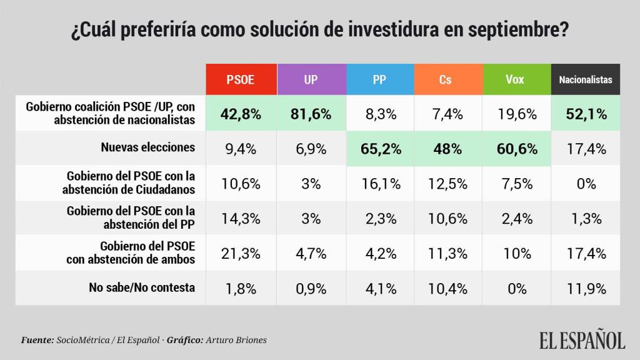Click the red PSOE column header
pyautogui.click(x=241, y=79)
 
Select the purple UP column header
pyautogui.click(x=310, y=79)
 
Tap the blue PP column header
pyautogui.click(x=379, y=79)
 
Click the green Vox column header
pyautogui.click(x=516, y=79)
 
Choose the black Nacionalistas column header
pyautogui.click(x=586, y=79)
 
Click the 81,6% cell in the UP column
pyautogui.click(x=310, y=114)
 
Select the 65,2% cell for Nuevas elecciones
pyautogui.click(x=379, y=149)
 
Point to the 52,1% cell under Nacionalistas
pyautogui.click(x=586, y=114)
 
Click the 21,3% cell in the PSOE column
pyautogui.click(x=241, y=253)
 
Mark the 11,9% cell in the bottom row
pyautogui.click(x=586, y=288)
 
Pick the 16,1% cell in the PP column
pyautogui.click(x=379, y=184)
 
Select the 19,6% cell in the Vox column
pyautogui.click(x=516, y=114)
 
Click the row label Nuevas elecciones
pyautogui.click(x=148, y=148)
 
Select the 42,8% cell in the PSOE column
pyautogui.click(x=241, y=114)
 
